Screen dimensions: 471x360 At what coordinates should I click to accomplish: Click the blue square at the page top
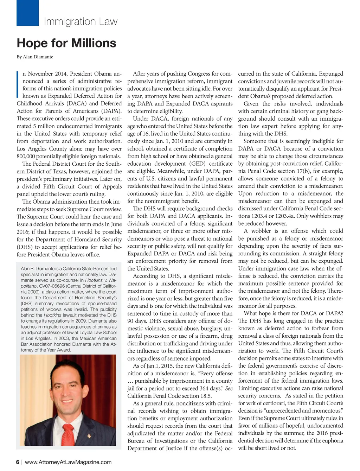tap(27, 13)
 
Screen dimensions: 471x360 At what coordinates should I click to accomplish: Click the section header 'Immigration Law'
tap(81, 22)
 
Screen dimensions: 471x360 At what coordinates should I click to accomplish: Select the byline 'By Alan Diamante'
tap(35, 57)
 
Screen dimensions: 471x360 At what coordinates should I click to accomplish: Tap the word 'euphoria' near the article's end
tap(332, 440)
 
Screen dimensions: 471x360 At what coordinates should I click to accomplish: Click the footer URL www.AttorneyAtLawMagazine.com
tap(68, 462)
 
